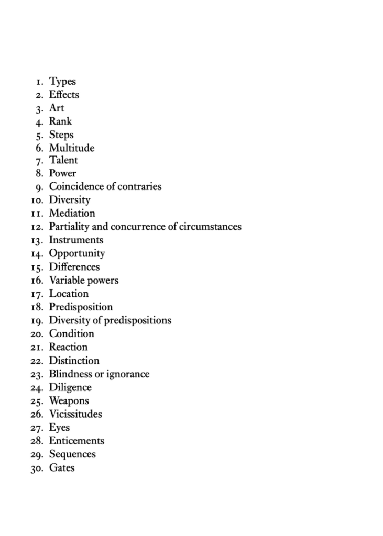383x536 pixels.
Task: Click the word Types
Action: pos(62,82)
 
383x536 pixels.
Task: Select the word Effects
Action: pos(64,95)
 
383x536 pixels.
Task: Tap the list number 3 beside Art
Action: pos(39,109)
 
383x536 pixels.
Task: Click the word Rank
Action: pos(60,121)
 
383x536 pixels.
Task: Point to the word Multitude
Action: pos(72,148)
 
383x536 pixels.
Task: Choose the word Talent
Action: pos(63,160)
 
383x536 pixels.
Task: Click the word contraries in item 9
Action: pos(140,187)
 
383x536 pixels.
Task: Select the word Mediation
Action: pos(72,214)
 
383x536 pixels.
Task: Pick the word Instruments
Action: pos(76,240)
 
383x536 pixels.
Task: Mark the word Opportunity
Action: pos(77,254)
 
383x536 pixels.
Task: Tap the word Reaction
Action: pos(68,347)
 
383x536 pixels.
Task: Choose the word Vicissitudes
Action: pos(75,414)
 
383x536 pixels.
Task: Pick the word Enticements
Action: pos(76,441)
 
